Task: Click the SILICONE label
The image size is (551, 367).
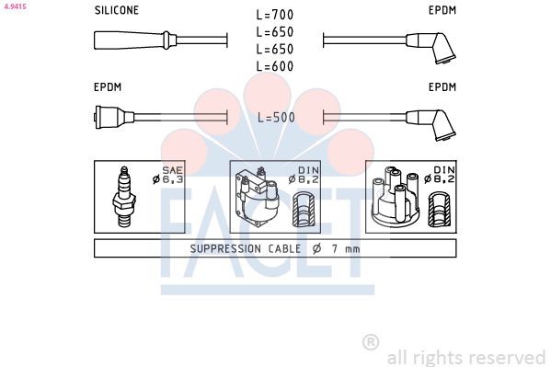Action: (117, 10)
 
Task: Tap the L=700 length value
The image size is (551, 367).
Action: (275, 15)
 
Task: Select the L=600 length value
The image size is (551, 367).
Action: (275, 66)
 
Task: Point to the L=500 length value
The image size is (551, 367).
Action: (276, 118)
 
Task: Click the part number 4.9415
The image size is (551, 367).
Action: (15, 6)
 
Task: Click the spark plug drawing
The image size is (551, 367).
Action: (124, 197)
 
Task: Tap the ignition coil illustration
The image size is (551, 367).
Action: (257, 197)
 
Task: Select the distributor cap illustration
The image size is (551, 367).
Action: (396, 197)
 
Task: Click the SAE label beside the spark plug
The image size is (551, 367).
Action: (173, 170)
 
